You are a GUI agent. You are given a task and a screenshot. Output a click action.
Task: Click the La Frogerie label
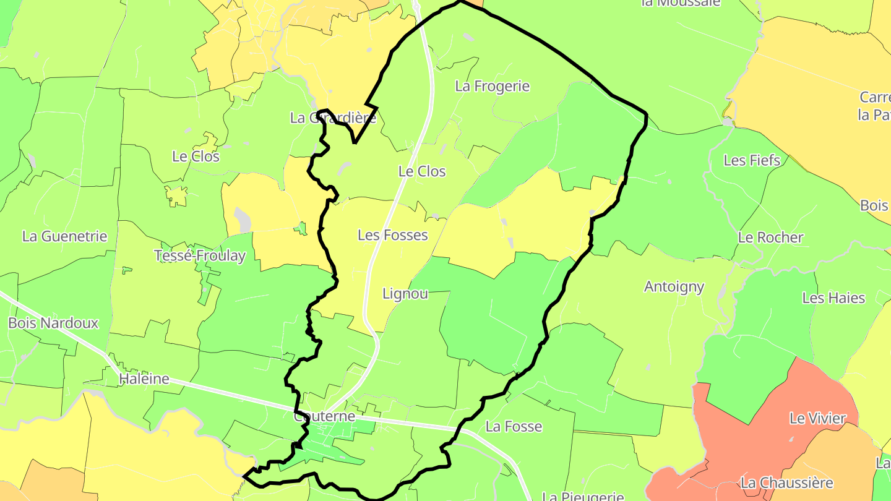(x=493, y=86)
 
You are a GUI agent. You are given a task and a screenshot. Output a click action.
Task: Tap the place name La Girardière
(x=333, y=118)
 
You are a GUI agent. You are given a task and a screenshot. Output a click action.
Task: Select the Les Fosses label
(x=393, y=235)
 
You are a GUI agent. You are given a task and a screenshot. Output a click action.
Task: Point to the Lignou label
(x=405, y=294)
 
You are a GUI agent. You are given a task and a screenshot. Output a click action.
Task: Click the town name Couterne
(x=325, y=416)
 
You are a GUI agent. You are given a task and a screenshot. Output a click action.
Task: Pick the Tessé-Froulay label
(x=200, y=255)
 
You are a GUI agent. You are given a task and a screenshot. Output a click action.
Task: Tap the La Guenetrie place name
(x=65, y=236)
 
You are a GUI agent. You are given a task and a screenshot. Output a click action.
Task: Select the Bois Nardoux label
(x=53, y=323)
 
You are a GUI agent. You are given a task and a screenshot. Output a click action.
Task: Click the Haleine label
(x=144, y=379)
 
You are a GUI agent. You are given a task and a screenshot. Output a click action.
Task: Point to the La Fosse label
(x=514, y=426)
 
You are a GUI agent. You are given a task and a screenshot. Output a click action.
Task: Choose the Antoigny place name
(x=674, y=286)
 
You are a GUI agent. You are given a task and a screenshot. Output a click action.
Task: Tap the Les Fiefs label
(x=752, y=160)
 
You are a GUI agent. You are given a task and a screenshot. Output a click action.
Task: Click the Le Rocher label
(x=770, y=237)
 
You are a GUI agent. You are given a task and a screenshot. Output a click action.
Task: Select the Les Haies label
(x=833, y=298)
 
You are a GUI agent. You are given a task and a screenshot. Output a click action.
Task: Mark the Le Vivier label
(x=817, y=419)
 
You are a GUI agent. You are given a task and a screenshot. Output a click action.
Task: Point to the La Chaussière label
(x=787, y=482)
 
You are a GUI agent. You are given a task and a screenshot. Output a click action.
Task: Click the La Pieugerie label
(x=583, y=496)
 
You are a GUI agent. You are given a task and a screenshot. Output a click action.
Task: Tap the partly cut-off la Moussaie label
(x=681, y=3)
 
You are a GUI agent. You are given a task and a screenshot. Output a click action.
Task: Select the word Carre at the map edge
(x=875, y=97)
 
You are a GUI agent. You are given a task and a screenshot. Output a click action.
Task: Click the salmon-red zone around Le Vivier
(x=742, y=433)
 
